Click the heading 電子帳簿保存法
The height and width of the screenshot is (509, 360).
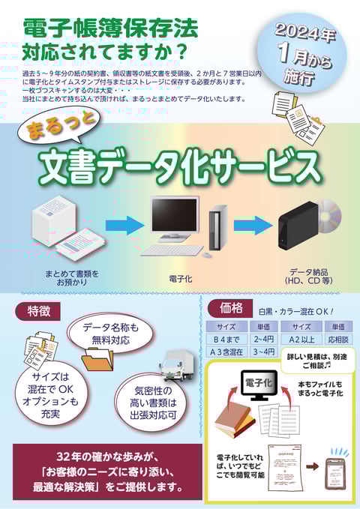click(x=111, y=29)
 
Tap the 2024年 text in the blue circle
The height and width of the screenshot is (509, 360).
click(x=305, y=33)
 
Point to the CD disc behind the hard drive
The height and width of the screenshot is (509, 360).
click(x=328, y=217)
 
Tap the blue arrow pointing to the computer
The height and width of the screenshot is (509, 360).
click(x=124, y=226)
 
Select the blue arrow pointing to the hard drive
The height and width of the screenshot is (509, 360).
click(x=253, y=226)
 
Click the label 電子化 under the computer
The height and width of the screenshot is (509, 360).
click(x=181, y=279)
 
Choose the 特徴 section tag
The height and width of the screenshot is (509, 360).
click(x=38, y=311)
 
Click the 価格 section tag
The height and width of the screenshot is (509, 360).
click(x=231, y=308)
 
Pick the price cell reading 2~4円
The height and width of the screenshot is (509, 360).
click(x=264, y=340)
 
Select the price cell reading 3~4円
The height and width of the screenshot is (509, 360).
click(x=264, y=352)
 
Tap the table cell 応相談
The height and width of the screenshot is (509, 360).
click(x=338, y=340)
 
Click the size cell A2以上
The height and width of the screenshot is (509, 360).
click(x=301, y=340)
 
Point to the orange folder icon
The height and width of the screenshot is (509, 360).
click(x=97, y=360)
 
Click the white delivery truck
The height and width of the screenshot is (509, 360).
click(x=177, y=366)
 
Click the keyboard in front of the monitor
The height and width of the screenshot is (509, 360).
click(x=172, y=250)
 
